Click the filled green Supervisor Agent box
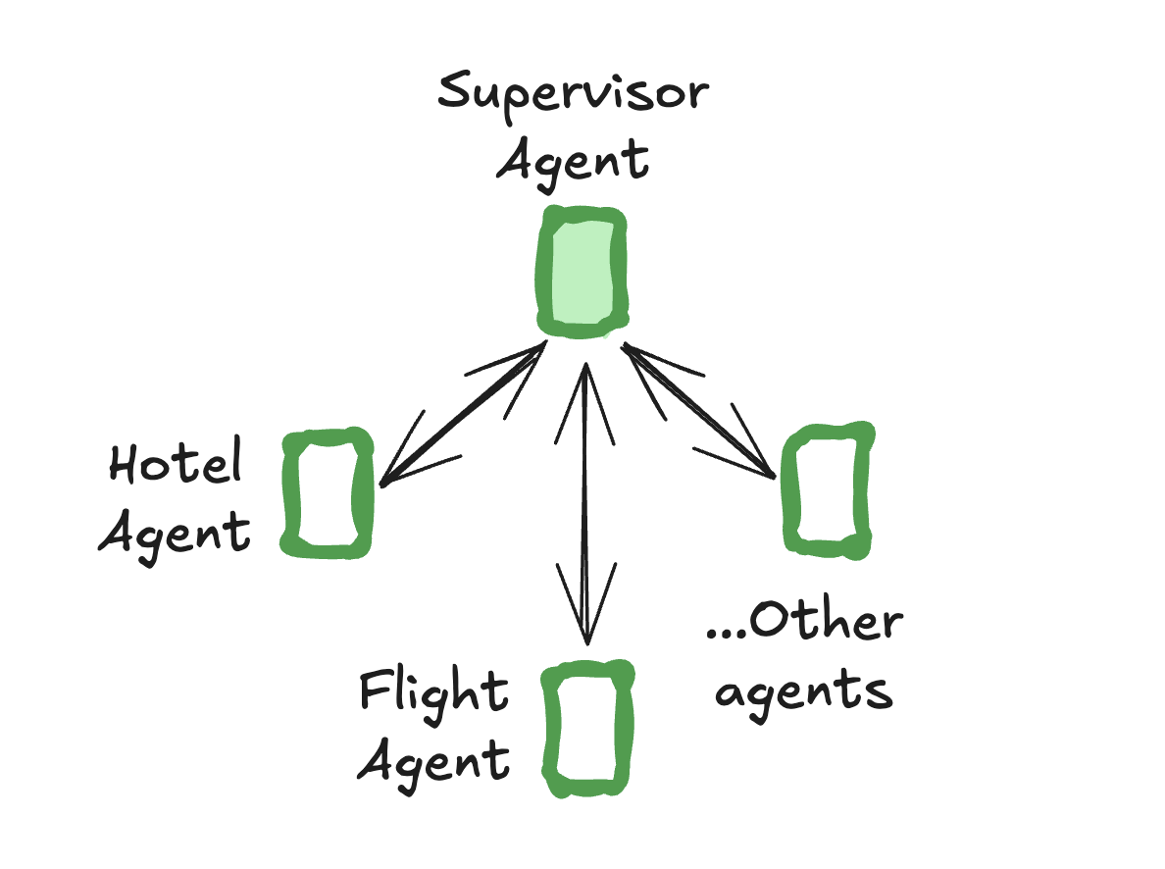[x=582, y=272]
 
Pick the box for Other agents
[x=827, y=489]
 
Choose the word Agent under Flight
[x=432, y=760]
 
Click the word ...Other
[x=803, y=623]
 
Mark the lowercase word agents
[x=803, y=691]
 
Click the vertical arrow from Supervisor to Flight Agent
[x=585, y=500]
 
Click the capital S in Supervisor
[x=457, y=92]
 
